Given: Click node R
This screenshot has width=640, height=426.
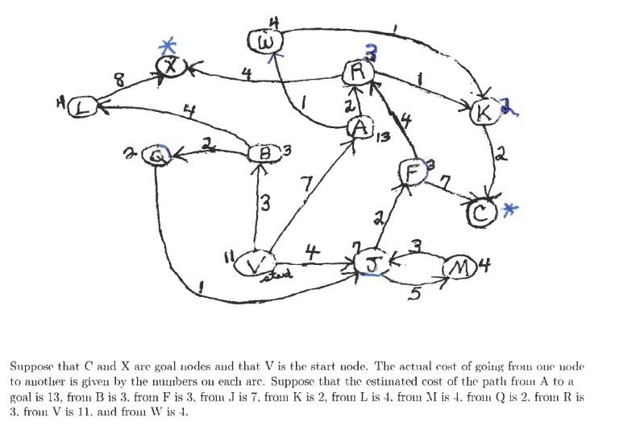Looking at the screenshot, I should pos(355,73).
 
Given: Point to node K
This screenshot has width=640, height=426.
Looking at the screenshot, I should pos(484,113).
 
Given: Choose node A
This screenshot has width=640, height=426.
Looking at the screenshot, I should pos(360,128).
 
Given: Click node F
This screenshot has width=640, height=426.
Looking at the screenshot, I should pos(411,171).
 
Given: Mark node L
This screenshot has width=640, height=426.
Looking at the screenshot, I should pos(82,107).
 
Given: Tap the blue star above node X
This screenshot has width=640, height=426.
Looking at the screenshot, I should pos(168,46).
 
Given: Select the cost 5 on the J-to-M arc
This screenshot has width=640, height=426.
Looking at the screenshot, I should pos(414,295).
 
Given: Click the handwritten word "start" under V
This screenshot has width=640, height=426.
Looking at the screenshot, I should pos(278,277).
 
